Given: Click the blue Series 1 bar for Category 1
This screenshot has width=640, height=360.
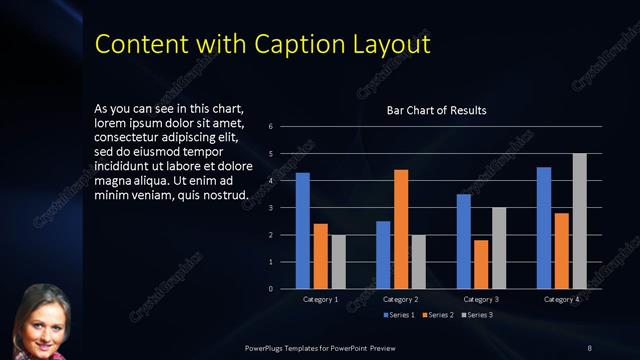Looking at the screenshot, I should point(303,230).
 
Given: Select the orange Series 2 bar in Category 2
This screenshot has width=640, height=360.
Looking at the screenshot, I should point(401,229).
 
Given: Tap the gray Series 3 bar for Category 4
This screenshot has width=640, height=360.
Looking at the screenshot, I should point(579,221).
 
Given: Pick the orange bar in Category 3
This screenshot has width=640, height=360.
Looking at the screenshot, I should point(481,264).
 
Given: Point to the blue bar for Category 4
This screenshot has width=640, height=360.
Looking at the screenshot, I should point(544,228).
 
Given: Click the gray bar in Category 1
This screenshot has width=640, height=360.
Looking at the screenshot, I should point(338,262).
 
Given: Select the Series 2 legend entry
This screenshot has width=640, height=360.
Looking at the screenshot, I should point(439,315).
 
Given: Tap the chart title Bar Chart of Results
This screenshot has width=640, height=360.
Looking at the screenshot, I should point(437,110).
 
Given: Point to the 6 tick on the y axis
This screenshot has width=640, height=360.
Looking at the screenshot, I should point(270,127).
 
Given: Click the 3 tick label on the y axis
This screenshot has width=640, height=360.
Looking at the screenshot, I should point(270,208).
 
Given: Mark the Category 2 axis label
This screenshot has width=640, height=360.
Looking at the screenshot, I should point(401,299).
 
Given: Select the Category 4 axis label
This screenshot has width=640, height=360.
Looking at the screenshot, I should point(561,299).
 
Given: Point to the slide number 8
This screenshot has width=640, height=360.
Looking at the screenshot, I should point(589,347).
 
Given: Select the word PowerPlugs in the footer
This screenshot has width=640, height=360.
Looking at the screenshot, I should point(268,347).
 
